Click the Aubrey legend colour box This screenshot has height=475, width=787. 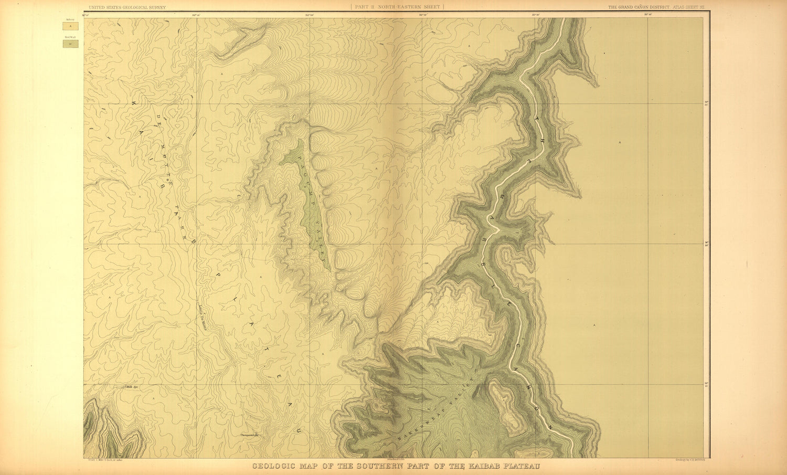tap(70, 25)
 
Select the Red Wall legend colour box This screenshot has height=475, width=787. tap(70, 44)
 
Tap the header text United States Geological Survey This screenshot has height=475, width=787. tap(127, 7)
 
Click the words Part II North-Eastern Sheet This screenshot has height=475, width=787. tap(397, 7)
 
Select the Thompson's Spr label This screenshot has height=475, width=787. tap(250, 435)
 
